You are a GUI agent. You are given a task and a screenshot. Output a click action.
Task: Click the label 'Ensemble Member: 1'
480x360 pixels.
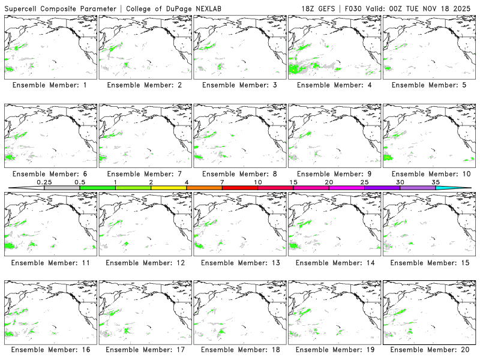50,85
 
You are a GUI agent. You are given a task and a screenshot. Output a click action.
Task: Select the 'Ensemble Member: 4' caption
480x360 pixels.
334,85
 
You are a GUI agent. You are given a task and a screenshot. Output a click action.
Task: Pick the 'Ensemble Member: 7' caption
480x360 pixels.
145,174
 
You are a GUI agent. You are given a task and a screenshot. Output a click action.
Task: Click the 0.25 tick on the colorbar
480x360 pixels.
44,182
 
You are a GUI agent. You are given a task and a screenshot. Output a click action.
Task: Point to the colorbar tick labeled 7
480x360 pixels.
222,182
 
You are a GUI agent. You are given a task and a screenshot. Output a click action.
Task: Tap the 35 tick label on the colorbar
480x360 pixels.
436,182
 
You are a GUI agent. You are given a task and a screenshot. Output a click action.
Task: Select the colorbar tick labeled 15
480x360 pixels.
293,182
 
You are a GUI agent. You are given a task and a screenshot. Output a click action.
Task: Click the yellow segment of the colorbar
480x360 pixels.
169,188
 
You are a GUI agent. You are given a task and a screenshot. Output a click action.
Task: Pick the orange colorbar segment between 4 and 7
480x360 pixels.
204,188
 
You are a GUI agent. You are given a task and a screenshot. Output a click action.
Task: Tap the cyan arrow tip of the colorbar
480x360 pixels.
462,188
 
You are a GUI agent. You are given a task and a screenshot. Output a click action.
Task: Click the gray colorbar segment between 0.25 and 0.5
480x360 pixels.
62,188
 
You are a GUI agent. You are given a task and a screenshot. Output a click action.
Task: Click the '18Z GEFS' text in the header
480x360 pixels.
319,7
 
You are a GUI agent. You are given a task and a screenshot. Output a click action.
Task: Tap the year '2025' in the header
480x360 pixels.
463,7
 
